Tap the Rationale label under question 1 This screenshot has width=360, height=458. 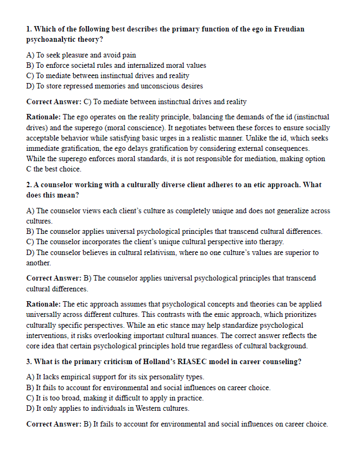44,117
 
